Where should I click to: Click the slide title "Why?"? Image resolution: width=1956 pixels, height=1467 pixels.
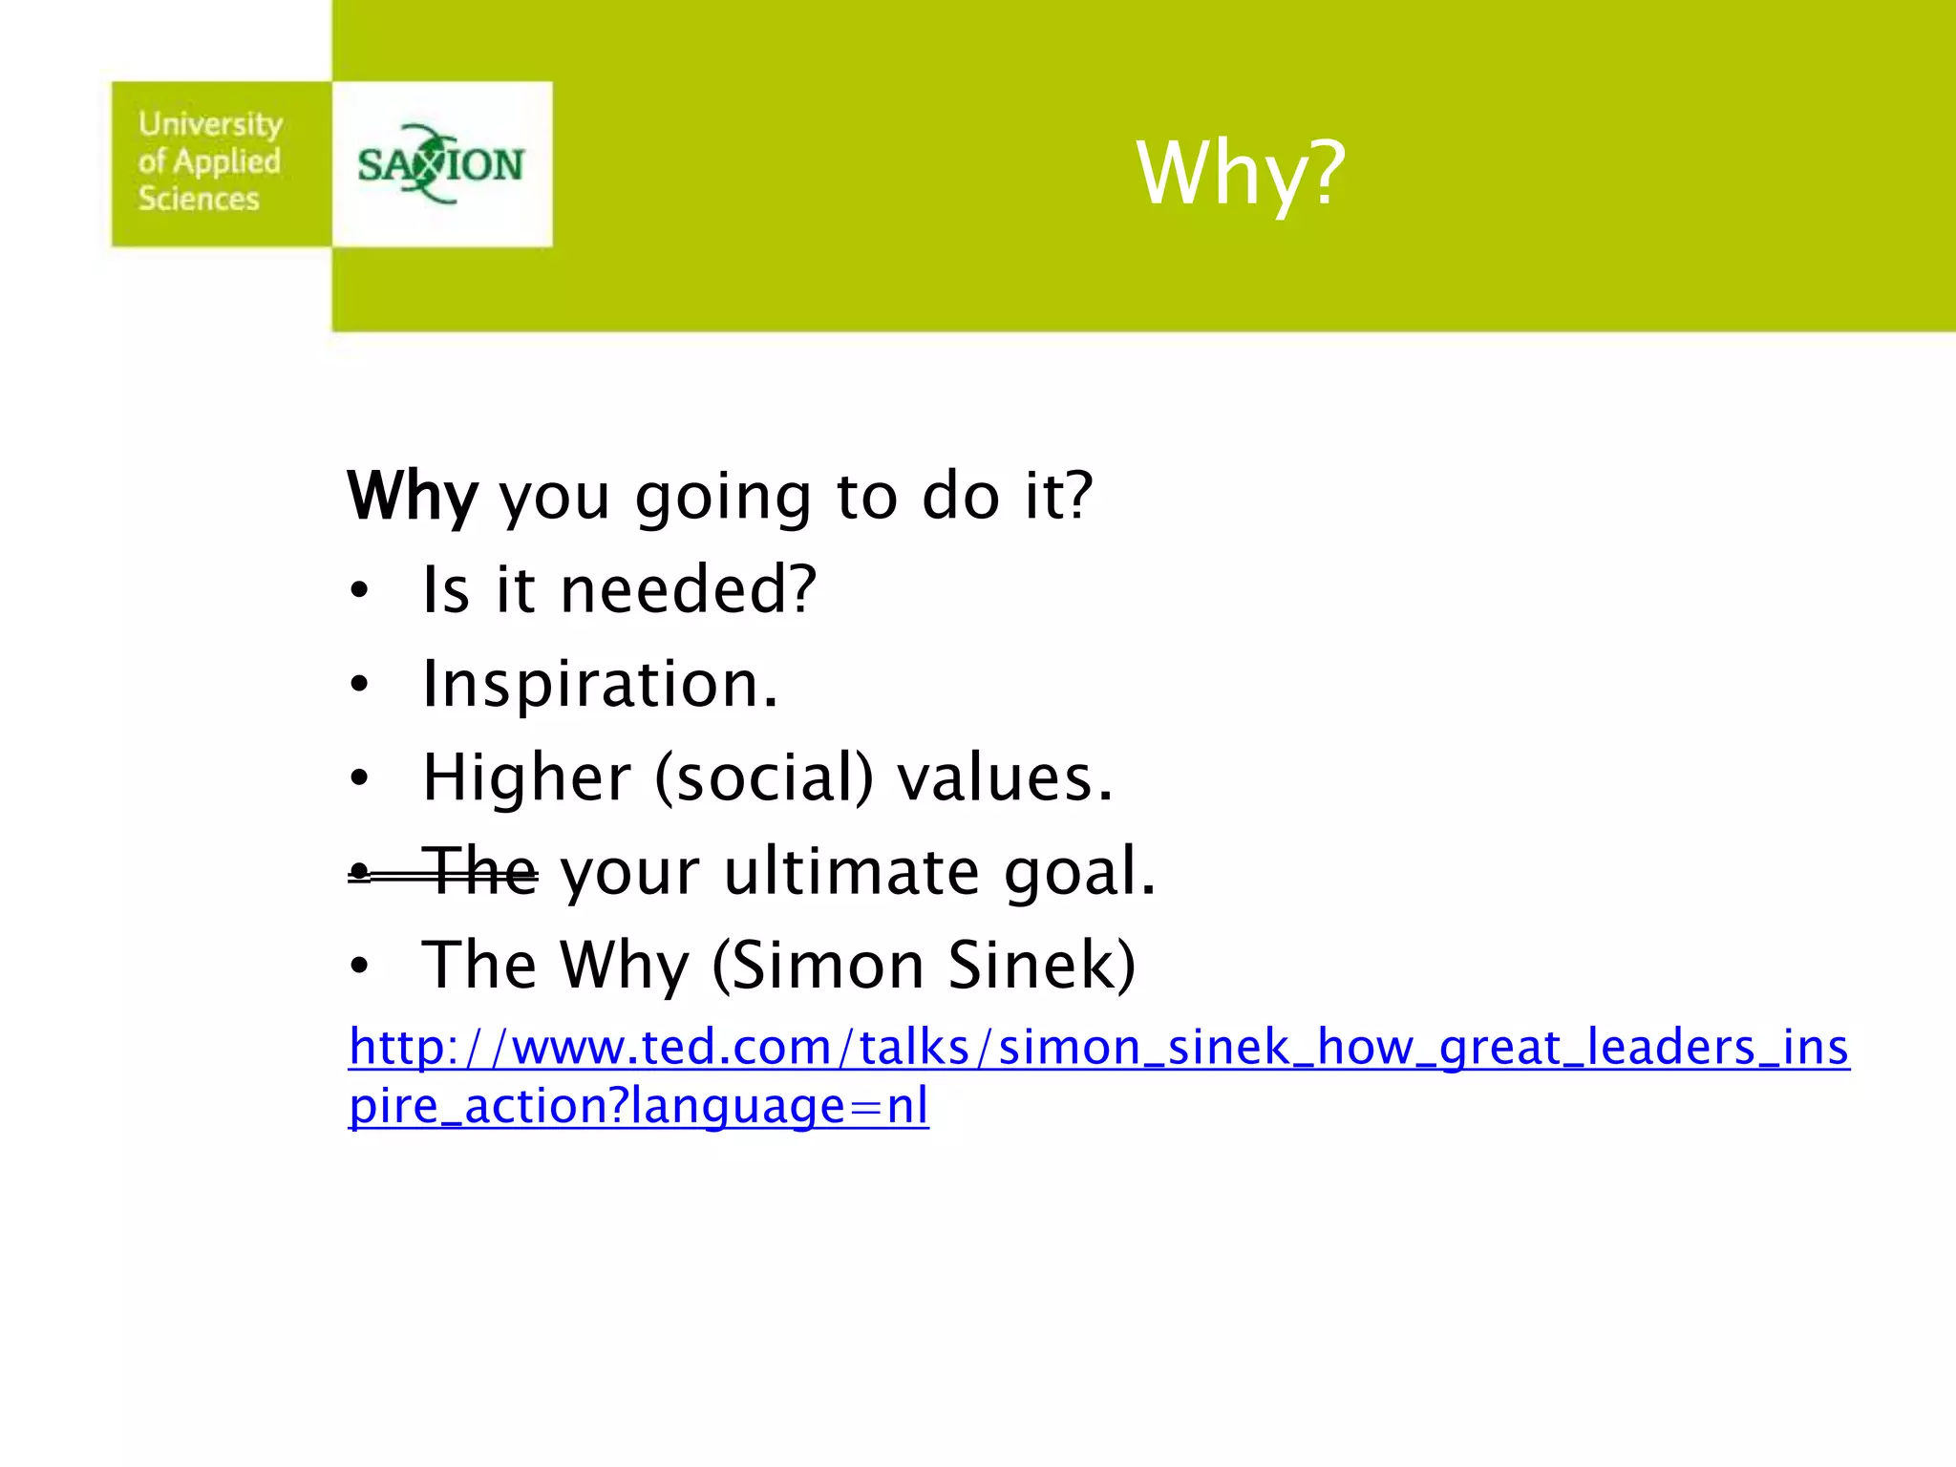[1240, 174]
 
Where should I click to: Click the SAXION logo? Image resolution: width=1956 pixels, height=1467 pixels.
[440, 164]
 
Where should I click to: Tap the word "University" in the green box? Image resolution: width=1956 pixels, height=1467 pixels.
[210, 124]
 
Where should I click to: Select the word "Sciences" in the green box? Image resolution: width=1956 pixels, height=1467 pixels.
[199, 199]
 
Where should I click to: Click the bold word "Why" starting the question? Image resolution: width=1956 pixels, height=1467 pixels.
[412, 497]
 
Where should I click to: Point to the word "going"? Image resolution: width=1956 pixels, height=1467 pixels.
[723, 499]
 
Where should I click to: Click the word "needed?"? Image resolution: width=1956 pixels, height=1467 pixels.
[688, 589]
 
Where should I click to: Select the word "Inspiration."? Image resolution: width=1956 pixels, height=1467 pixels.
[600, 684]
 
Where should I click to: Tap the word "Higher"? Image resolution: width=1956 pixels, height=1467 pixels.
[526, 777]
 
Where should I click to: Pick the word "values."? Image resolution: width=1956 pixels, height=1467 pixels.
[1005, 777]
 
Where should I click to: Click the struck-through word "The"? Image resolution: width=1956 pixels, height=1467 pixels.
[480, 871]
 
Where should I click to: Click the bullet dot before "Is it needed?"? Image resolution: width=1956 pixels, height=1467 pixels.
[358, 591]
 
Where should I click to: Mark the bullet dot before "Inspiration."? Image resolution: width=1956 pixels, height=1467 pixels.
[358, 685]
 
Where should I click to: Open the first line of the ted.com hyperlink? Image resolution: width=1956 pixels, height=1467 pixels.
[1098, 1047]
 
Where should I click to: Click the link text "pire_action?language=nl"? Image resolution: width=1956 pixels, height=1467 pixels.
[638, 1106]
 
